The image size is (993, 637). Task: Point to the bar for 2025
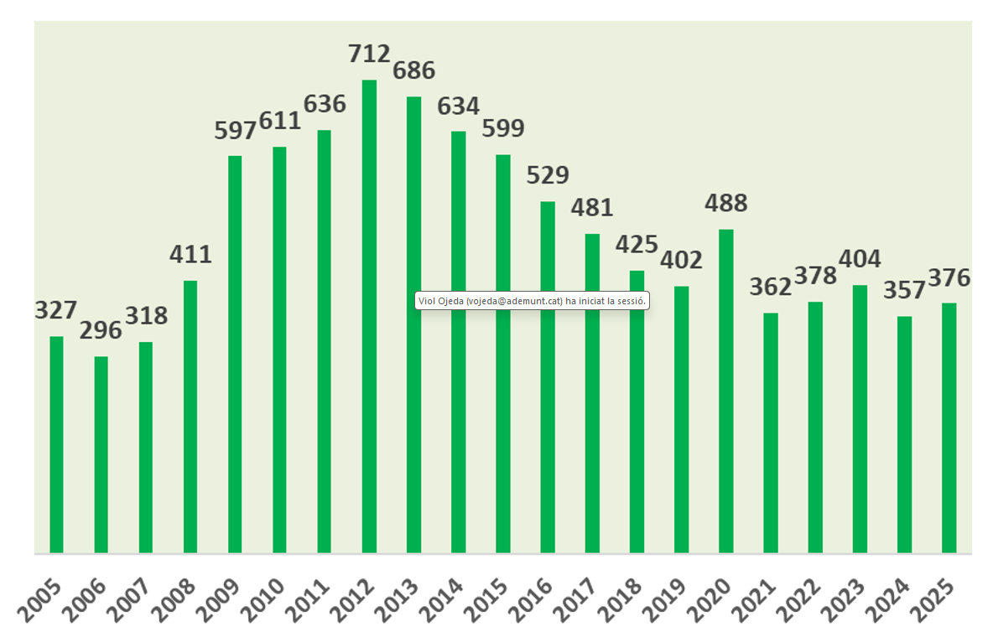pyautogui.click(x=949, y=427)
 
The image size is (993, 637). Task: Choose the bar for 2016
pyautogui.click(x=548, y=376)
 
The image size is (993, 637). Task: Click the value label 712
pyautogui.click(x=369, y=54)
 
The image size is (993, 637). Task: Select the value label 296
pyautogui.click(x=101, y=330)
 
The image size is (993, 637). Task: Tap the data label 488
pyautogui.click(x=726, y=204)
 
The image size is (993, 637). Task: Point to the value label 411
pyautogui.click(x=190, y=255)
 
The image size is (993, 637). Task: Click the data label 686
pyautogui.click(x=414, y=70)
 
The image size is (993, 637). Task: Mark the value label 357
pyautogui.click(x=904, y=290)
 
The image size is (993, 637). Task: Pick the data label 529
pyautogui.click(x=548, y=175)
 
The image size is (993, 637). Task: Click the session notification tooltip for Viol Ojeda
pyautogui.click(x=533, y=300)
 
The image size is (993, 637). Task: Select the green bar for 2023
pyautogui.click(x=860, y=418)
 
